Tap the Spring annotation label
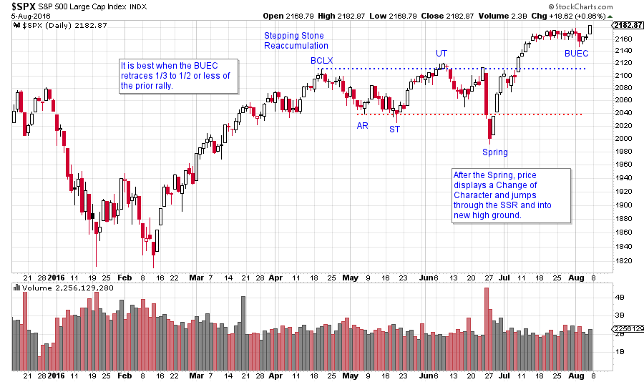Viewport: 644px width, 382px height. point(494,152)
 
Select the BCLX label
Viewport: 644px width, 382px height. point(321,61)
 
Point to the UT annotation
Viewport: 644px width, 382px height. point(442,53)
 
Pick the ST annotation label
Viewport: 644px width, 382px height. point(394,129)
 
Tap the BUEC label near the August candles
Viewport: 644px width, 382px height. point(576,53)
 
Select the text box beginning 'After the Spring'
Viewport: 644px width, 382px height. point(511,195)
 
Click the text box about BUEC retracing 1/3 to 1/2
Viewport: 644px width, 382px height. point(179,76)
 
